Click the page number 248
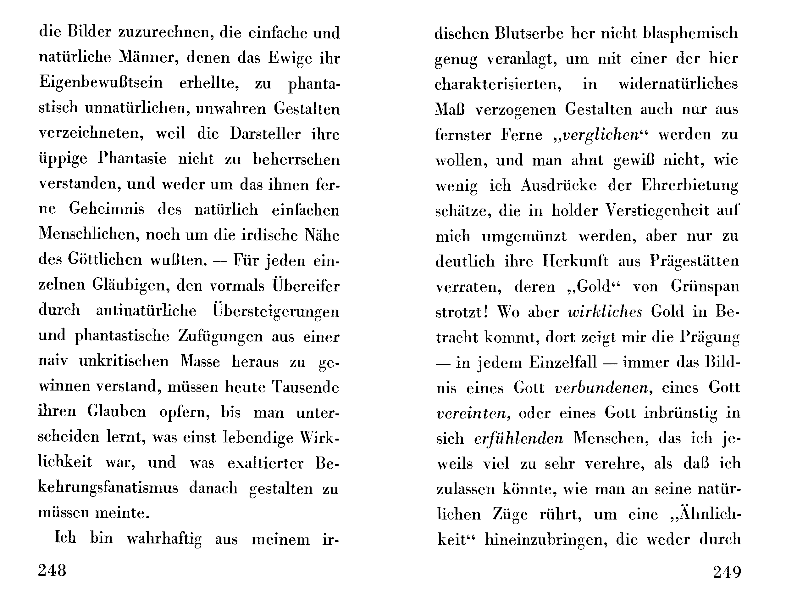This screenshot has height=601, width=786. (52, 570)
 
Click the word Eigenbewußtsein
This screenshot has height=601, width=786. (101, 83)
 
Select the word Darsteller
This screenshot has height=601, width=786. (265, 134)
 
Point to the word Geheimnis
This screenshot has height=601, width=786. (107, 209)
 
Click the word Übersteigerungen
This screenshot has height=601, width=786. (276, 311)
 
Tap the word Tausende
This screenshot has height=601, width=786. (305, 387)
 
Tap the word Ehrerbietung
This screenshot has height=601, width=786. (690, 186)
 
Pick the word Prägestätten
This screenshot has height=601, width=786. (694, 261)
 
